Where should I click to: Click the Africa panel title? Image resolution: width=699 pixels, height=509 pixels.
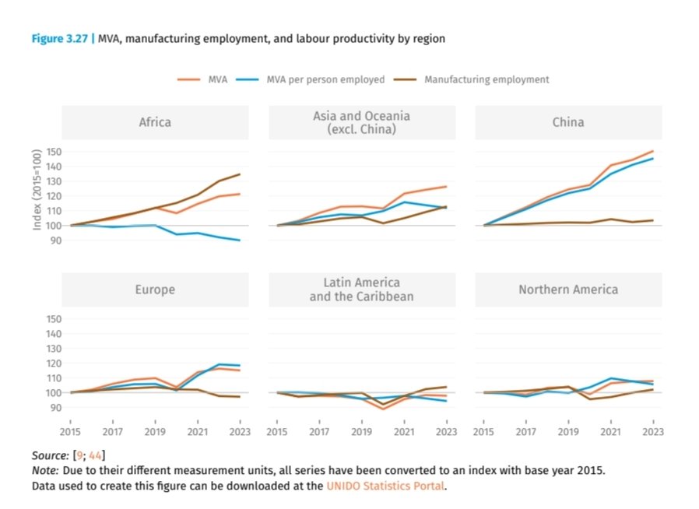point(155,122)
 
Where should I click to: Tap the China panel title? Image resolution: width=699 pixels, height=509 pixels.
point(568,122)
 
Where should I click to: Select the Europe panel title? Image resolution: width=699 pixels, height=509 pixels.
point(155,290)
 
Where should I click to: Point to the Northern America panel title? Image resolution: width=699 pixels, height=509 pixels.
point(568,290)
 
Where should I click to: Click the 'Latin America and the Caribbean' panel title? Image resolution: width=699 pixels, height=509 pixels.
point(361,290)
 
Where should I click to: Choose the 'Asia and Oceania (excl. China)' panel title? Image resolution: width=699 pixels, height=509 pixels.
point(361,122)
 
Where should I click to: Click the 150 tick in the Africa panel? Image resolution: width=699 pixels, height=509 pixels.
point(54,152)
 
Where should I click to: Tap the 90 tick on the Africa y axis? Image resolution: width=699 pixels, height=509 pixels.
point(56,240)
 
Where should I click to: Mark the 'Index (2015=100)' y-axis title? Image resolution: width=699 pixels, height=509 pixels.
point(37,189)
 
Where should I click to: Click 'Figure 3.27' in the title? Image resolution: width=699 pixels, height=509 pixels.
point(59,38)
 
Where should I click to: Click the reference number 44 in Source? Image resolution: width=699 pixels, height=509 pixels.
point(97,455)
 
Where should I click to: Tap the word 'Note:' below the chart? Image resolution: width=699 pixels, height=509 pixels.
point(46,470)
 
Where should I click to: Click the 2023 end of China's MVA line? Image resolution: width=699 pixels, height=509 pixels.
point(652,151)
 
